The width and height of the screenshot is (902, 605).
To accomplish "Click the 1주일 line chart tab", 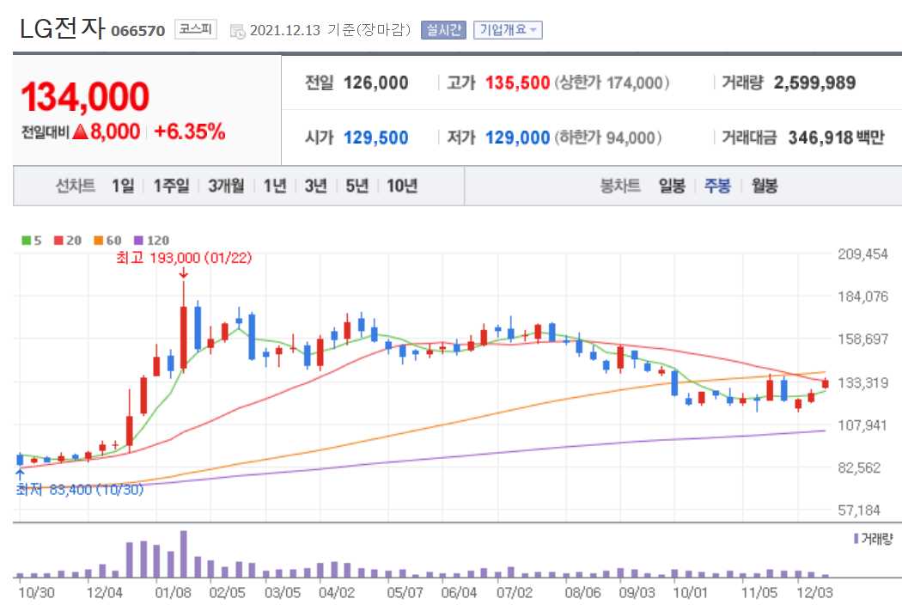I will coord(171,186).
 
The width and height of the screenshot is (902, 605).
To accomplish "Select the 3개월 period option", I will coord(226,186).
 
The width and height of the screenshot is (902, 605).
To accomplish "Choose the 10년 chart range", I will coord(402,186).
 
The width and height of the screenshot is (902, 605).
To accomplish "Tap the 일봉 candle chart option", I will coord(672,186).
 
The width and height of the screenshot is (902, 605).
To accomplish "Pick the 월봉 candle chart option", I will coord(765,186).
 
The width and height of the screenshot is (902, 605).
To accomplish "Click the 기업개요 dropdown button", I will coord(508,30).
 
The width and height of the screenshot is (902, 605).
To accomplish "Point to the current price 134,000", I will coord(85,98).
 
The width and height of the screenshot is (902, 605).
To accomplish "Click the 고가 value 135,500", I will coord(517,83).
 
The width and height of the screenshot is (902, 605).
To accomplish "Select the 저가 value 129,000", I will coord(517,137).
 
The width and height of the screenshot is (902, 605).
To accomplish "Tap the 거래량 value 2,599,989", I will coord(814,83).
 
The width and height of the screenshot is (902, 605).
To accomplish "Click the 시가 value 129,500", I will coord(375,137).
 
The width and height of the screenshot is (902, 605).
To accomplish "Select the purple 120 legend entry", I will coord(153,241).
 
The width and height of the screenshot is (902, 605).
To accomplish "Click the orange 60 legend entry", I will coord(110,241).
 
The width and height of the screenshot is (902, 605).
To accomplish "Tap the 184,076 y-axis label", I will coord(862,297).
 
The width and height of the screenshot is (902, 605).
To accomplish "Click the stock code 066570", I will coord(137,32).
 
